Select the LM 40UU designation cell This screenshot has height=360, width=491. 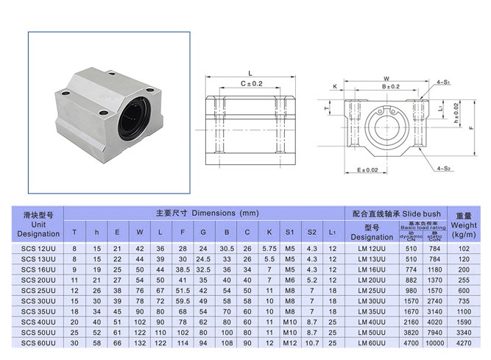[372, 322]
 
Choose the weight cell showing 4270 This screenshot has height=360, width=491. [464, 342]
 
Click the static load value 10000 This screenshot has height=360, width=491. [435, 342]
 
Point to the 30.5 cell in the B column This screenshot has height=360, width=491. [227, 249]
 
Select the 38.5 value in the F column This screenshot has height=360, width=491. [182, 269]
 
